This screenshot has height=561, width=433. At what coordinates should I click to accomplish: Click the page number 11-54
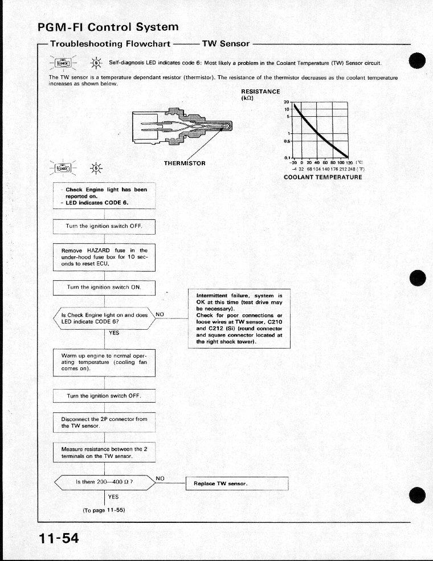tap(59, 538)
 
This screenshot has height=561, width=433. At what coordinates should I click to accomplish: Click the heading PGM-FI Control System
tap(108, 27)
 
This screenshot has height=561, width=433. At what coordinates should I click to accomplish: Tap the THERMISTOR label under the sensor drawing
tap(185, 163)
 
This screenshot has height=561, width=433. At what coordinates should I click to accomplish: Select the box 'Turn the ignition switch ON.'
tap(104, 288)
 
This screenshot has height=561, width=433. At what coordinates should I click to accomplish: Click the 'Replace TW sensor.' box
tap(236, 484)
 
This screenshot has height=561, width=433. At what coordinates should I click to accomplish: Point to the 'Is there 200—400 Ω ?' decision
tap(104, 482)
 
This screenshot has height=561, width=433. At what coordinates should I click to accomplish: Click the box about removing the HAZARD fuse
tap(104, 257)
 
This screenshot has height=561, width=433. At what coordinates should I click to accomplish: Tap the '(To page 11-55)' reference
tap(104, 510)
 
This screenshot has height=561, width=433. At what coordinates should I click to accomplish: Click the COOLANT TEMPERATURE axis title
tap(323, 177)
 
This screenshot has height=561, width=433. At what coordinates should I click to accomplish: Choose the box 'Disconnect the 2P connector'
tap(104, 422)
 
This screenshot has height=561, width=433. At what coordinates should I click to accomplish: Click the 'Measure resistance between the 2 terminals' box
tap(104, 452)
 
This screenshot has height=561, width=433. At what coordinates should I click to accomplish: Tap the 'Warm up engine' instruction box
tap(104, 362)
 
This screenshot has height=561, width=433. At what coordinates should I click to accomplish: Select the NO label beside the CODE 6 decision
tap(160, 314)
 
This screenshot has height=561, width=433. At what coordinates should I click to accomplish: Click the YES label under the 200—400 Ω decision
tap(113, 497)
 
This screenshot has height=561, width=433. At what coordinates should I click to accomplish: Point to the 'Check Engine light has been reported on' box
tap(104, 196)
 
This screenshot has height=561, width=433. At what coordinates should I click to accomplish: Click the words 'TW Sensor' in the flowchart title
tap(222, 43)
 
